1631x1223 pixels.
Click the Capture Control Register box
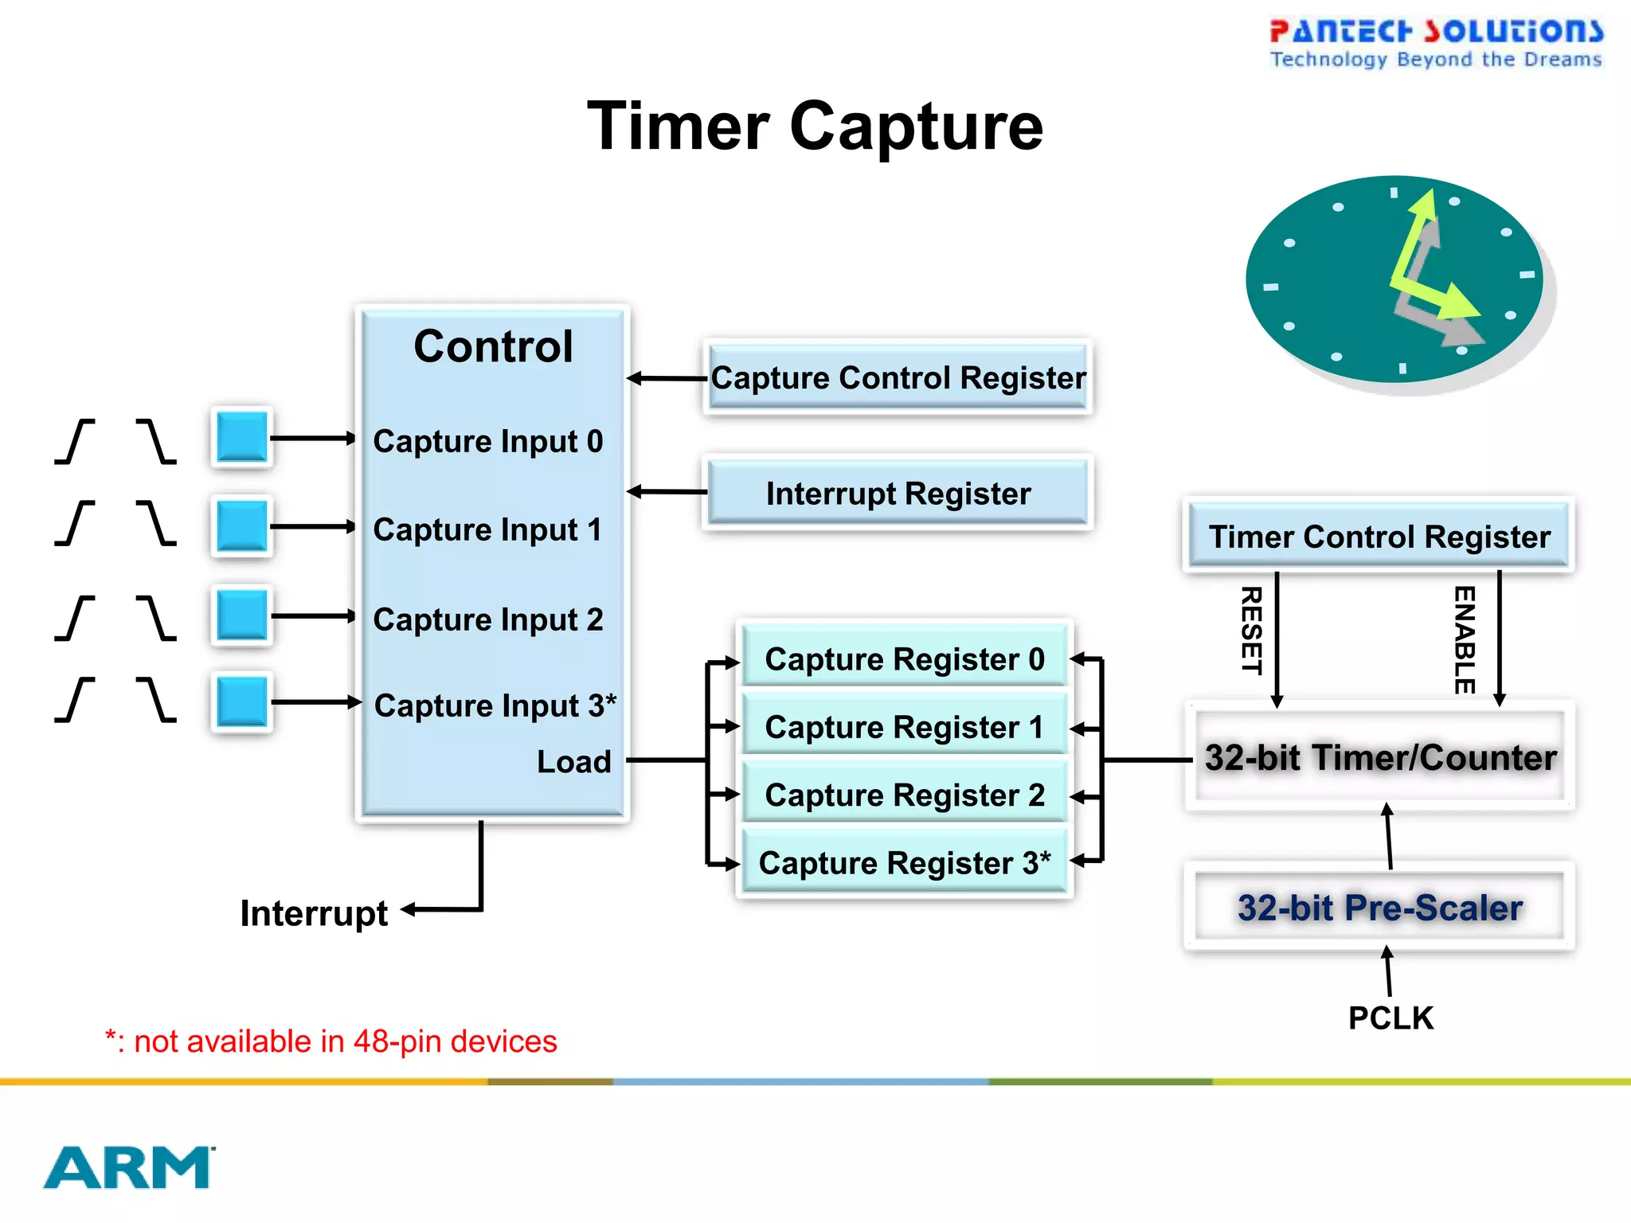898,377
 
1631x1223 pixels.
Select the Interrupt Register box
898,494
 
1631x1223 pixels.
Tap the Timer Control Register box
1379,537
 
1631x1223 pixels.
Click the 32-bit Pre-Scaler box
1379,908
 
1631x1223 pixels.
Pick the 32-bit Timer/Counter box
1379,757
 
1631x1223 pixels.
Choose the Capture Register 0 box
904,659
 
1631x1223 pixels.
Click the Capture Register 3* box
904,863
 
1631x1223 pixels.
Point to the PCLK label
1390,1018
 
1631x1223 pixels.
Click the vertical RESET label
1252,630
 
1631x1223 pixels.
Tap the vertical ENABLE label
1465,639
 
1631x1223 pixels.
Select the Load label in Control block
573,762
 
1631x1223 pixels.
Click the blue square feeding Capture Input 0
242,437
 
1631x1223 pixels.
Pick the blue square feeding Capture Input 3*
242,701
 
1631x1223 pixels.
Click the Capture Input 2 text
487,619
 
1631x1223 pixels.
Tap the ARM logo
128,1167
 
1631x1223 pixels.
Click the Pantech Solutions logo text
1435,32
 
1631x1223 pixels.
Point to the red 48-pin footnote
331,1041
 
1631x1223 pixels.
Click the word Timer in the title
678,127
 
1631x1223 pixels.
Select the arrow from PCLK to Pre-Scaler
1388,971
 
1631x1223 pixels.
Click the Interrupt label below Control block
314,913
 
